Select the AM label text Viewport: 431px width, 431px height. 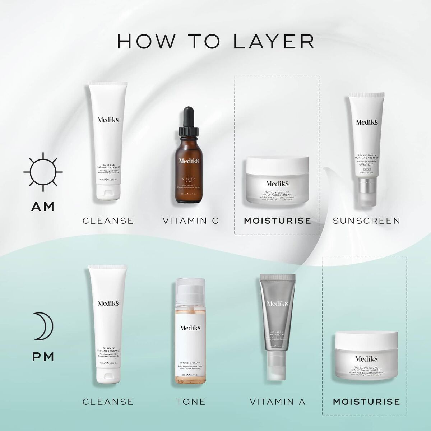point(43,207)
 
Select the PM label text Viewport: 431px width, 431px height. point(43,357)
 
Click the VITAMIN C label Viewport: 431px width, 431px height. point(190,221)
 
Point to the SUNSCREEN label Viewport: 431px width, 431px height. point(366,221)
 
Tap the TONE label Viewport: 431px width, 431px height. point(191,401)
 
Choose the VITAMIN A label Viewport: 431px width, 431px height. point(278,401)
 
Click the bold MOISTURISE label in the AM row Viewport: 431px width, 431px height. point(277,221)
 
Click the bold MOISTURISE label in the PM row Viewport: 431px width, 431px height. point(366,401)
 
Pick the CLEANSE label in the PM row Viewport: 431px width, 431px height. point(108,401)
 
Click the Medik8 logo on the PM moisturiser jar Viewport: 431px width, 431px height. point(366,358)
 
